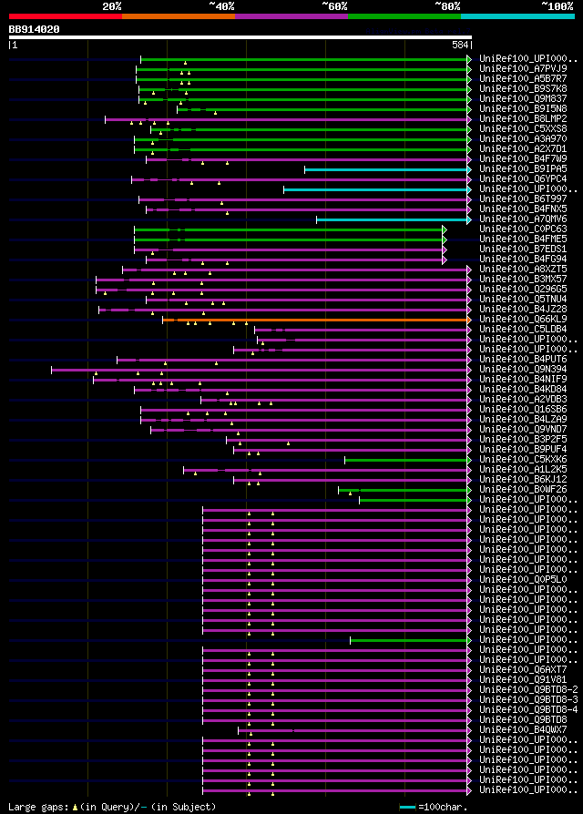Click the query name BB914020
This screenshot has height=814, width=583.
click(35, 29)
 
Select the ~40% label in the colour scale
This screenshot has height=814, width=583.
click(221, 5)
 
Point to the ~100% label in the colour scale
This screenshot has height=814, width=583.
click(557, 5)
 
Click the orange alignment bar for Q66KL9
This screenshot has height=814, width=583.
click(319, 320)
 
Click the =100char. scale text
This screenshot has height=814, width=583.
click(441, 808)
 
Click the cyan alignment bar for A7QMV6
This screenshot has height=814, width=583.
click(393, 219)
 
